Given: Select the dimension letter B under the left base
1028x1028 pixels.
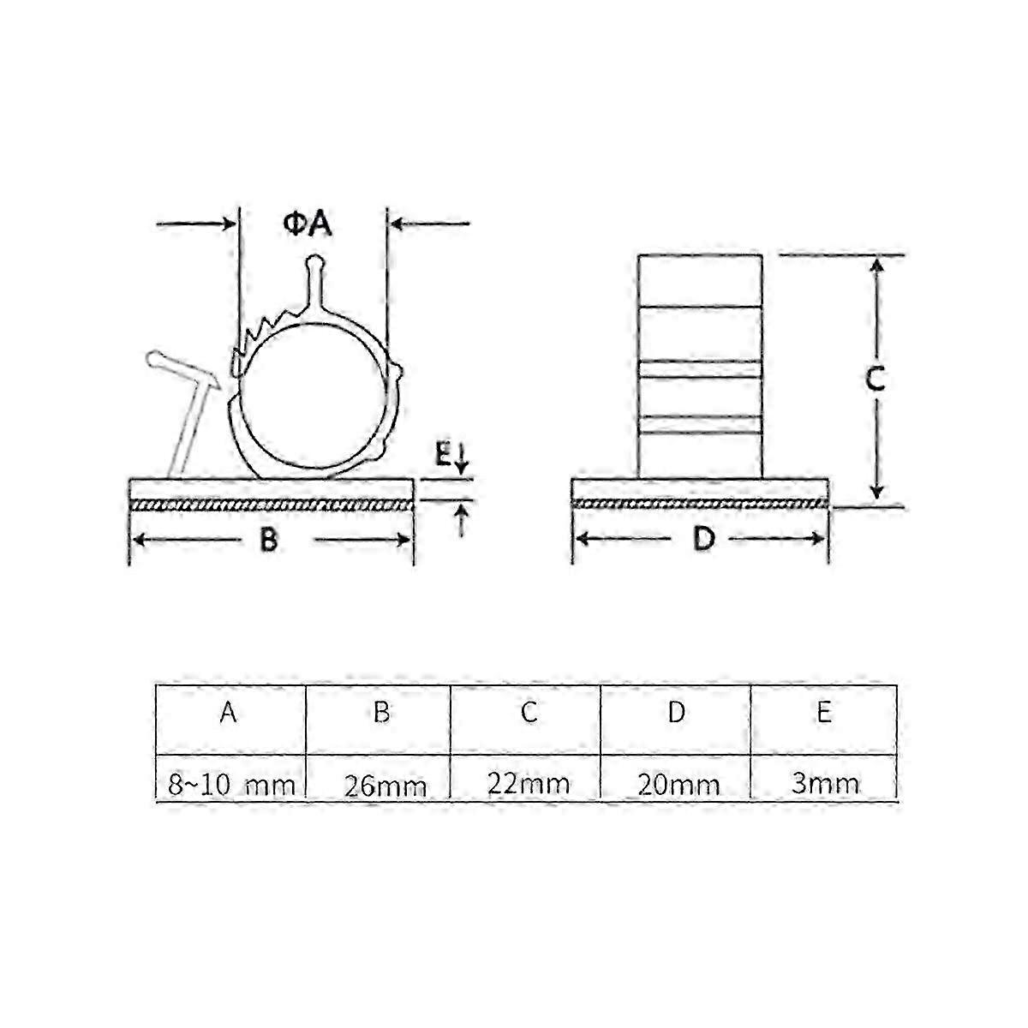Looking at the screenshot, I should (269, 540).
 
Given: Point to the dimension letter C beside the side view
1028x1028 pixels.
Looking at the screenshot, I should (874, 380).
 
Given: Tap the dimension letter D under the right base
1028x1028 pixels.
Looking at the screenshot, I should (702, 540).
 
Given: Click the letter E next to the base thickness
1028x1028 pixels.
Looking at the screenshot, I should (441, 455).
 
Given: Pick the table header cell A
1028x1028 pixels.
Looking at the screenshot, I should (228, 713).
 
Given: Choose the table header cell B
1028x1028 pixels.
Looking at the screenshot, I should (382, 713).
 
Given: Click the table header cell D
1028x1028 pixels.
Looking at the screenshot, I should (677, 713).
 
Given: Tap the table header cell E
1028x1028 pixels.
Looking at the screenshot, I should (824, 713).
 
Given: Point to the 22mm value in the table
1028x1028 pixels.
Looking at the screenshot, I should (529, 783).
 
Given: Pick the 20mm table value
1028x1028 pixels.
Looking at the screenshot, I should (678, 784).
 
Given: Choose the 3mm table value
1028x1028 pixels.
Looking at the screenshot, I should (825, 783).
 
